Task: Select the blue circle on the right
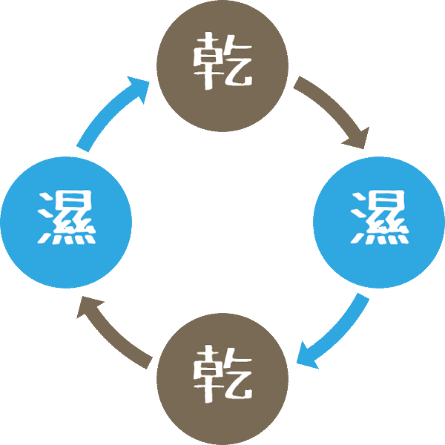(379, 222)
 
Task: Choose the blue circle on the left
(66, 222)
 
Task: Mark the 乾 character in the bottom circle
(222, 375)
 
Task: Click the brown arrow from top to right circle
(331, 111)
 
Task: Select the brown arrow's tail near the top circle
(298, 82)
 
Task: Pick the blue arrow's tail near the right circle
(361, 299)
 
